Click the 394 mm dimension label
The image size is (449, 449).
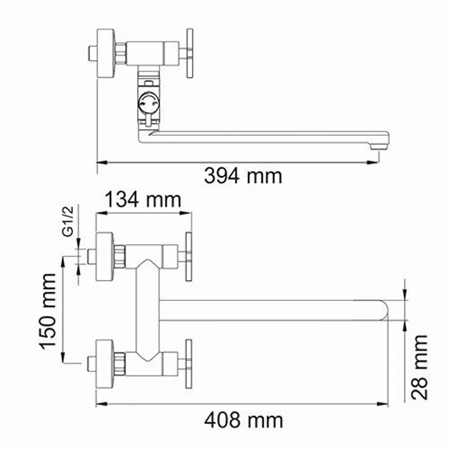tap(242, 176)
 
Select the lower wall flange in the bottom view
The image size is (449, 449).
tap(104, 363)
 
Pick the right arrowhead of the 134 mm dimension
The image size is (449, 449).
tap(189, 213)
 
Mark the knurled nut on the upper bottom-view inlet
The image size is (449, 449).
tap(119, 256)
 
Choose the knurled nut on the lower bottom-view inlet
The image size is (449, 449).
tap(119, 363)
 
